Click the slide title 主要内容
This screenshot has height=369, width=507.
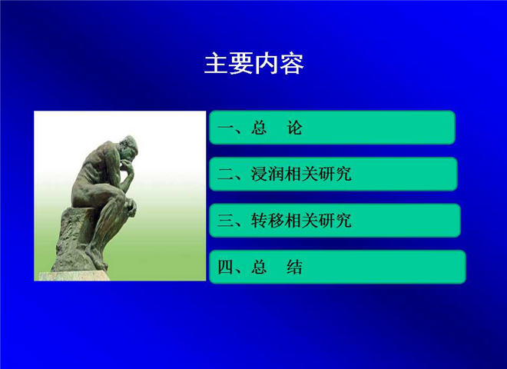coord(254,64)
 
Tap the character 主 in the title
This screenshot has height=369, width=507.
coord(217,64)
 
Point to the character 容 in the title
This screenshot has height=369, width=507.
coord(292,64)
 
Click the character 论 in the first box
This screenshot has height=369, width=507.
coord(294,128)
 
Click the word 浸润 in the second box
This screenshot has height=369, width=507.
coord(268,175)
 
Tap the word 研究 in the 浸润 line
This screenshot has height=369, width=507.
coord(335,175)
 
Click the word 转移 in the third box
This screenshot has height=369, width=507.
coord(268,221)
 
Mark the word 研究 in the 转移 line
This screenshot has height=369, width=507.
coord(335,221)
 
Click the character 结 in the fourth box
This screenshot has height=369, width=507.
coord(294,268)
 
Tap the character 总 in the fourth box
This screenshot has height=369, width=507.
coord(260,268)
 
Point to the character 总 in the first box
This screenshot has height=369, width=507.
coord(260,128)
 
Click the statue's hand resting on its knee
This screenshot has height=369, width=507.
coord(131,207)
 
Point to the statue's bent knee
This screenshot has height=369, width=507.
coord(119,194)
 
